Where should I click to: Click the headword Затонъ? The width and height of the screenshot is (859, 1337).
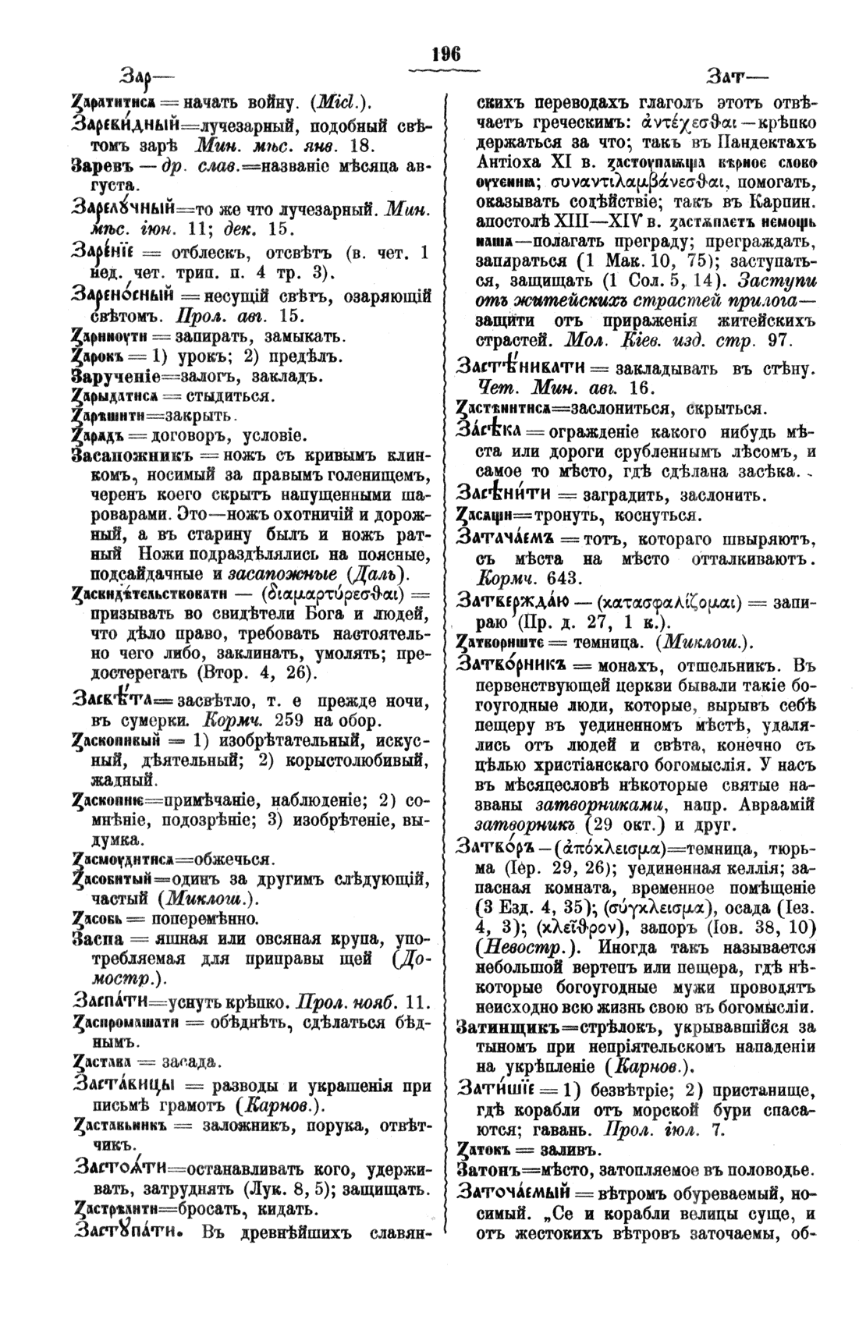488,1169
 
